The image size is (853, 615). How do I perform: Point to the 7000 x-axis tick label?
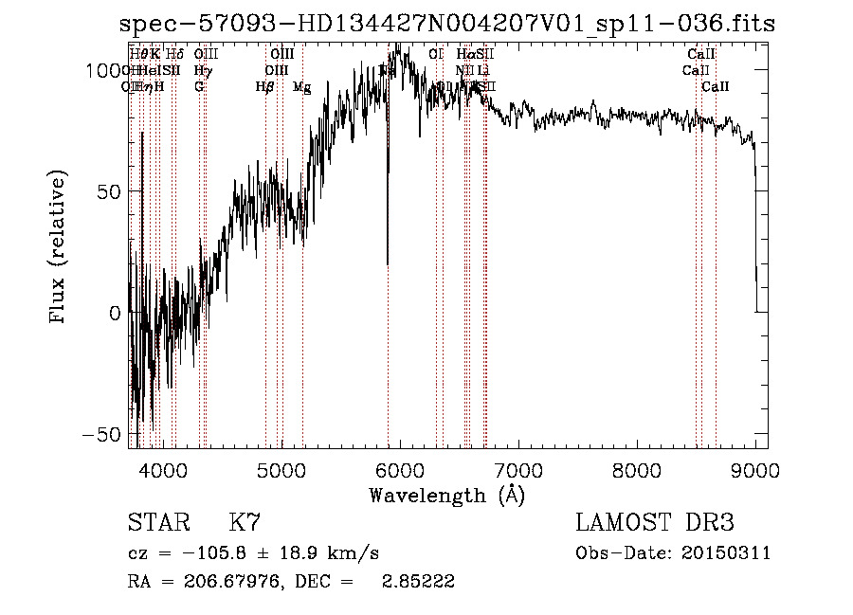[518, 471]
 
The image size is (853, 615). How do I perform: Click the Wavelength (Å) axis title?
[446, 495]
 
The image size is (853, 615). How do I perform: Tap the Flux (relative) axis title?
[59, 247]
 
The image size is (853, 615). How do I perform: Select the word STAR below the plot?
[157, 523]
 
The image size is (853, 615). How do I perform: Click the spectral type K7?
[244, 523]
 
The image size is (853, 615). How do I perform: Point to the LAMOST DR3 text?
[655, 523]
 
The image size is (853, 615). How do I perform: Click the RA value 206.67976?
[226, 582]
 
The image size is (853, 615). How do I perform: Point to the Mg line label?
[301, 87]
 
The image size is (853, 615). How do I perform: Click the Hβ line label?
[264, 87]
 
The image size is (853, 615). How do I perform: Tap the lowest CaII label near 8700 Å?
[716, 87]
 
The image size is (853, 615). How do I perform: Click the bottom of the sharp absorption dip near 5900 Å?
[388, 263]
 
